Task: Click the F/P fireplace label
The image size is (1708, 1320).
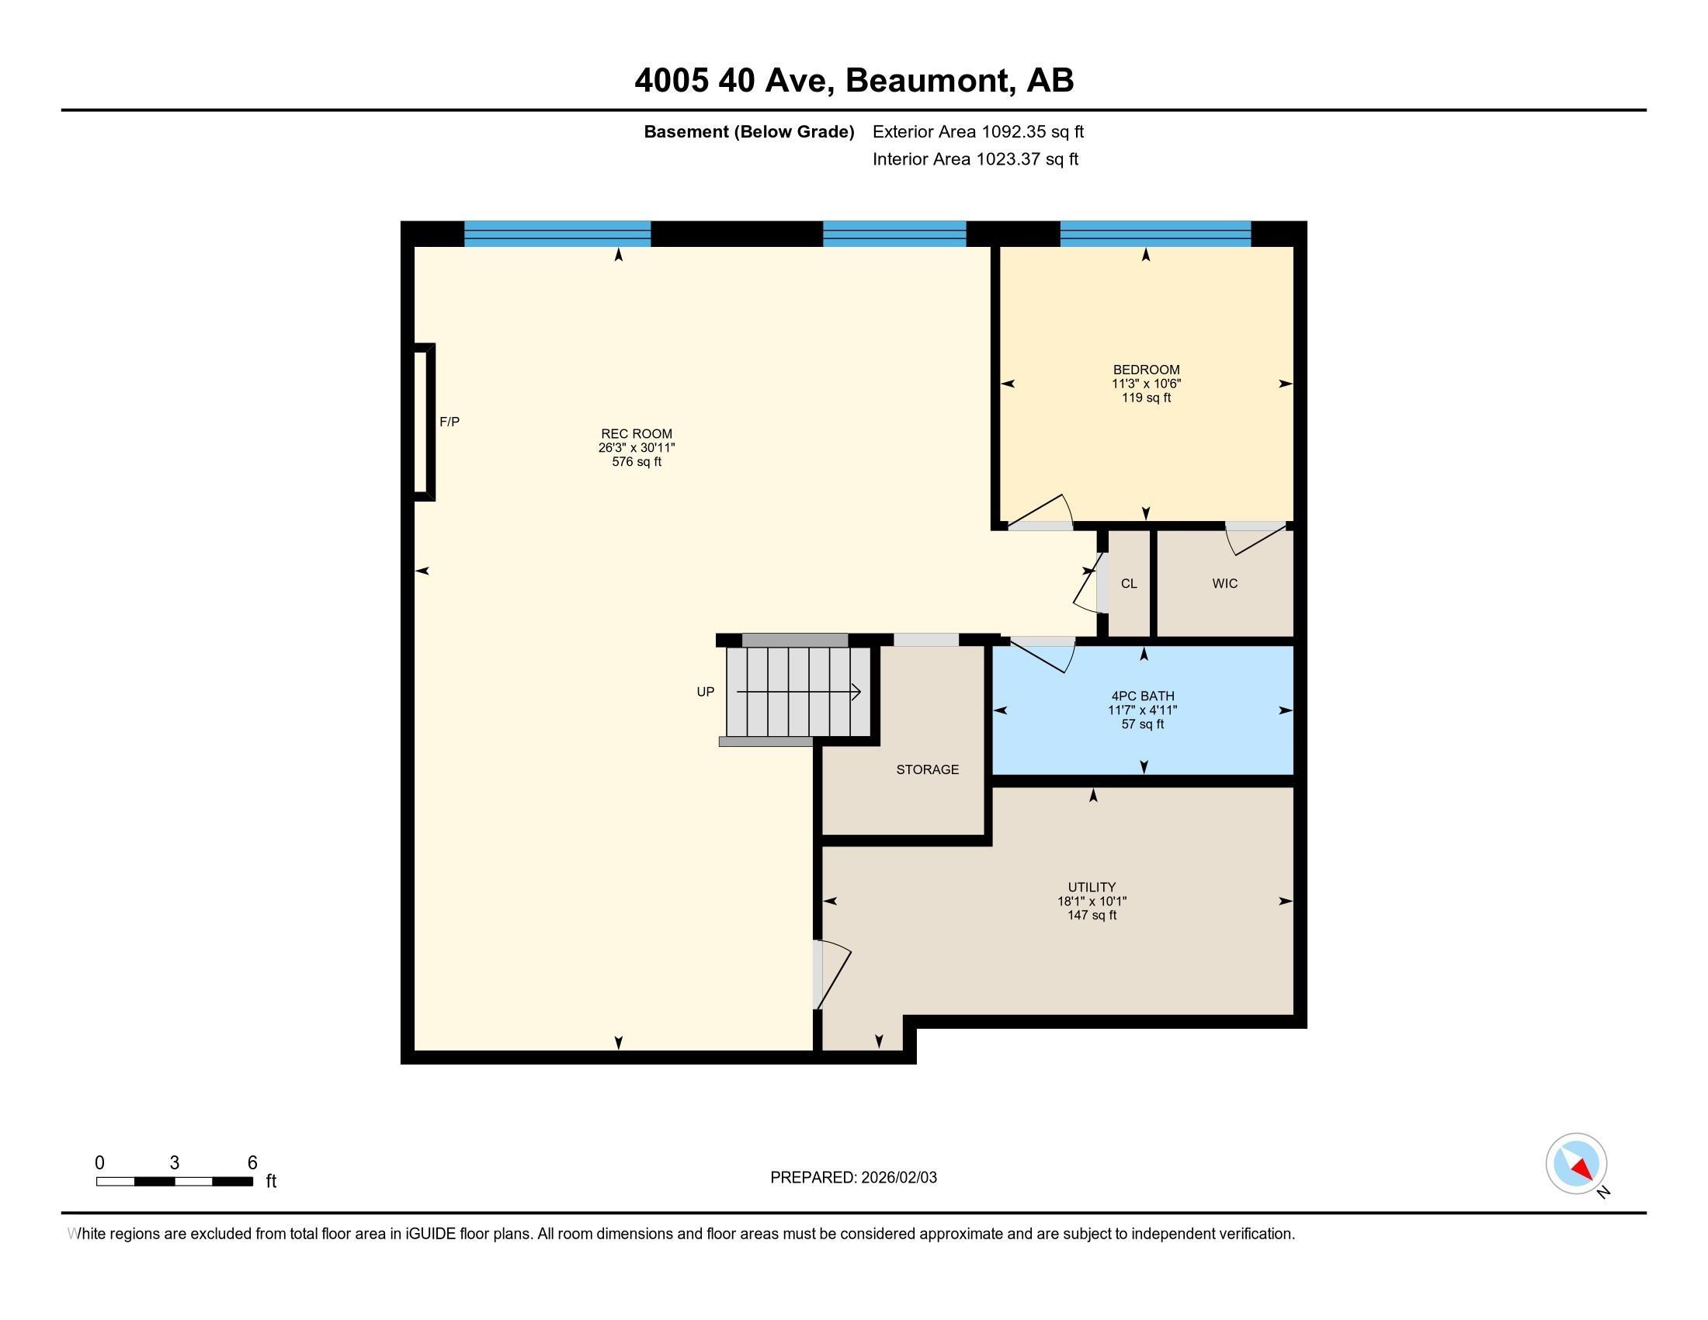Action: [449, 422]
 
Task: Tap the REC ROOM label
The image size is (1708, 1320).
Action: [636, 433]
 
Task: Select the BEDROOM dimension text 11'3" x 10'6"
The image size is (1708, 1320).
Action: [1146, 383]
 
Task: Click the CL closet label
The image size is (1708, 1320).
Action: [1129, 583]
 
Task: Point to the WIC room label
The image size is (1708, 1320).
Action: [1224, 583]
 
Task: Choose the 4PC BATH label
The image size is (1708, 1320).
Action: [1143, 696]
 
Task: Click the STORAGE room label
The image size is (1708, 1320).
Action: [927, 769]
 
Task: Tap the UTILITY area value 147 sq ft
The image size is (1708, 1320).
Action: [1092, 915]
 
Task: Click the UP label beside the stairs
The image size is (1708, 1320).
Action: [705, 692]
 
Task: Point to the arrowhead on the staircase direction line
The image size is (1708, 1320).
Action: [856, 692]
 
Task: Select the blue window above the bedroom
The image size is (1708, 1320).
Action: [1155, 234]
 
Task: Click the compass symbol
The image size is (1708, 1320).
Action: [1576, 1163]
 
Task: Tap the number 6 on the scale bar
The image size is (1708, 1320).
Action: [252, 1163]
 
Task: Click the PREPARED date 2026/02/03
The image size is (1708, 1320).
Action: [897, 1178]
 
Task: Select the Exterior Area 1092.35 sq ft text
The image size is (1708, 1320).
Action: [977, 131]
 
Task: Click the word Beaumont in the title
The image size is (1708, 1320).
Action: [926, 81]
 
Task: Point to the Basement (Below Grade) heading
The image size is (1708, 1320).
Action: [748, 131]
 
